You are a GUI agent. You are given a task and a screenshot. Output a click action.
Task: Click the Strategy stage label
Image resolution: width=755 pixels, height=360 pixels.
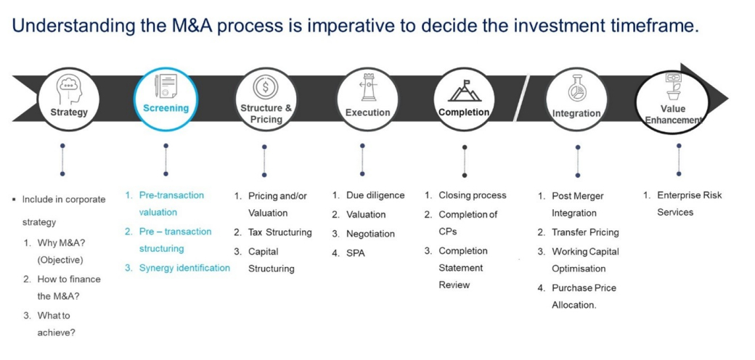point(69,112)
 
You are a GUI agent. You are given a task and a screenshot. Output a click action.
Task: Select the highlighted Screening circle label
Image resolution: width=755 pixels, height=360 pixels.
point(166,108)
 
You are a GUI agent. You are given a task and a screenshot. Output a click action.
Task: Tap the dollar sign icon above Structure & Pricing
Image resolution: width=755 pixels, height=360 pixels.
point(264,87)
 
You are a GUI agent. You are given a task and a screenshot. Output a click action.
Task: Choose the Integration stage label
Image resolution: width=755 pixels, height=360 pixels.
point(576,113)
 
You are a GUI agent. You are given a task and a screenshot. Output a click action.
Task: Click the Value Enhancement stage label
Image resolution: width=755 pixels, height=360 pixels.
point(673,115)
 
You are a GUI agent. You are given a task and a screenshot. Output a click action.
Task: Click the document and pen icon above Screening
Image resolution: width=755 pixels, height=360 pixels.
point(166,86)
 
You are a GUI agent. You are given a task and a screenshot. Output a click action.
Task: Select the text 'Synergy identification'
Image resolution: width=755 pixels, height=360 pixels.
point(184,268)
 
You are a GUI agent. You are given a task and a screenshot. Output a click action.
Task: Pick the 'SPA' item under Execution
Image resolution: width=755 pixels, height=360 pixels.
point(356,253)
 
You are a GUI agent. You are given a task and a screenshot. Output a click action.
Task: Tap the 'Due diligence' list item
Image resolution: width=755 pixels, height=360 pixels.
point(375,195)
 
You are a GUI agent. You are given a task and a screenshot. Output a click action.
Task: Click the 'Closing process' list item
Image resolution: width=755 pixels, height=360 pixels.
point(472,195)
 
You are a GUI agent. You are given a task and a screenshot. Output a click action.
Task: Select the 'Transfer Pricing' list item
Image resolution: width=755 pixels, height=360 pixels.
point(585,232)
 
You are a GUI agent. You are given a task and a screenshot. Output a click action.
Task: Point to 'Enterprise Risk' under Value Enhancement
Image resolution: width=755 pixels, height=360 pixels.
point(689,195)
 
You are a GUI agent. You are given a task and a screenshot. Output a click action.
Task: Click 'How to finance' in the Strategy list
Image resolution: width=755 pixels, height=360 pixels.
point(69,279)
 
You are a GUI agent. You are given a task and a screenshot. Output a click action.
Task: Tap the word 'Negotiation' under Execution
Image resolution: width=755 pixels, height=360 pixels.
point(370,234)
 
